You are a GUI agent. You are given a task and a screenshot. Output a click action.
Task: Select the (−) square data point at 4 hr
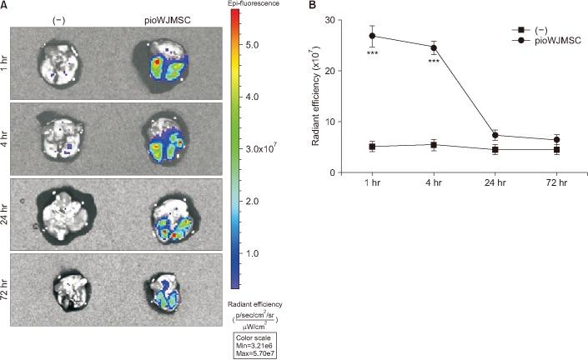click(433, 145)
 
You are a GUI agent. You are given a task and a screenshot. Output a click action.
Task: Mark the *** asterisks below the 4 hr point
click(433, 60)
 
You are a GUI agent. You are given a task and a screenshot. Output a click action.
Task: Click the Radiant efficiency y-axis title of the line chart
click(318, 96)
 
